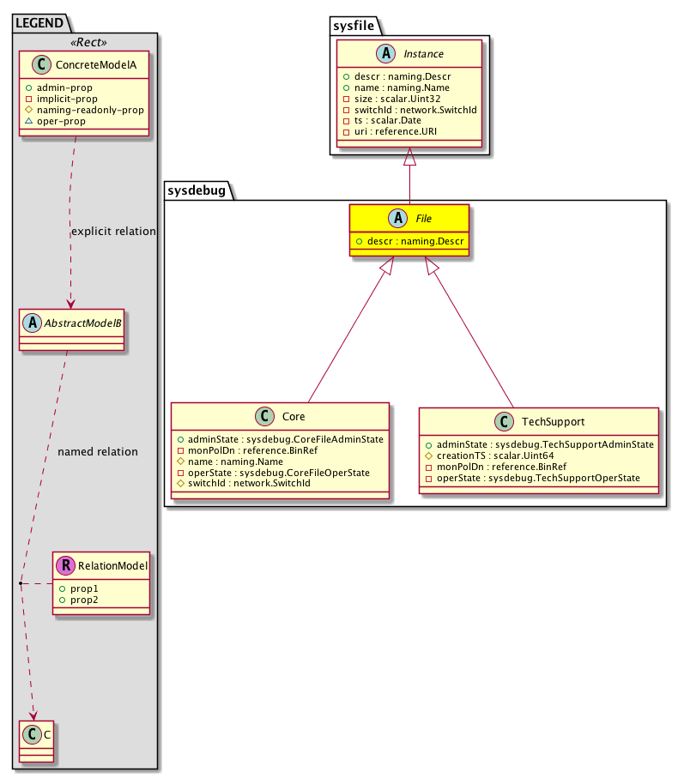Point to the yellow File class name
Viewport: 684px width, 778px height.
tap(423, 220)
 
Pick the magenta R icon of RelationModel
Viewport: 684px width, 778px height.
tap(65, 566)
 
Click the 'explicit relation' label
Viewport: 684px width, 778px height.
tap(113, 232)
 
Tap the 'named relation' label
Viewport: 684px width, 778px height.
tap(97, 452)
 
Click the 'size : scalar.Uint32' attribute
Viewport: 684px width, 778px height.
tap(392, 99)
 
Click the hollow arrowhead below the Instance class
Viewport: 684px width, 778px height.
tap(409, 159)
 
